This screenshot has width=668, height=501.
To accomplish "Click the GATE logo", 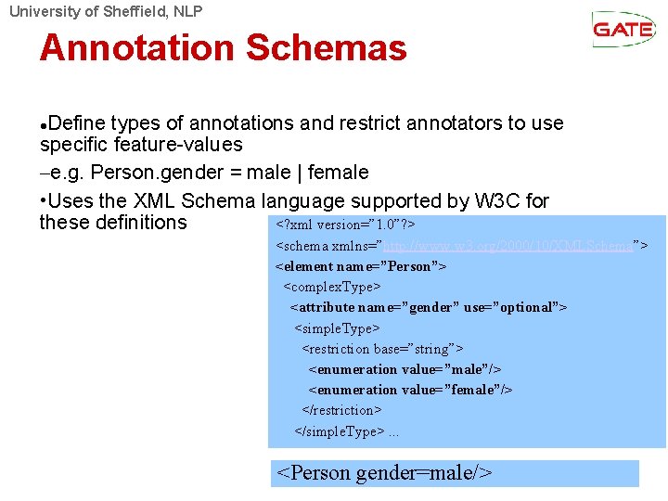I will [623, 29].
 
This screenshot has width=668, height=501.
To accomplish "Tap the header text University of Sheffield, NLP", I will [105, 11].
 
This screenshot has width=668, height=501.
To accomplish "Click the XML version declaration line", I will [344, 225].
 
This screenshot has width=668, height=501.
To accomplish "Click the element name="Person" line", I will [361, 266].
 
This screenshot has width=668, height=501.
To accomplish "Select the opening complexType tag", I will [332, 287].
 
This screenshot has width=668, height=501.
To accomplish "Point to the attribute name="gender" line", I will [428, 307].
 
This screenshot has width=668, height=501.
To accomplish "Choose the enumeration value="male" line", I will [405, 369].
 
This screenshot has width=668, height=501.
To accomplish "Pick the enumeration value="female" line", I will [410, 390].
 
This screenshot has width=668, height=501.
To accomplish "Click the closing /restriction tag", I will [341, 410].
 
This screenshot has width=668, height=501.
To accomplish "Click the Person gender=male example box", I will [455, 473].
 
